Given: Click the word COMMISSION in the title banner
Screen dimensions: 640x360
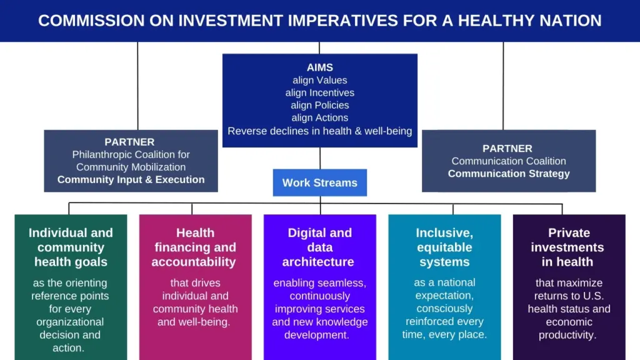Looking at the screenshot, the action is (91, 21).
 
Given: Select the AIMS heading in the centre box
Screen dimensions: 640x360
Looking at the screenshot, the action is (320, 67).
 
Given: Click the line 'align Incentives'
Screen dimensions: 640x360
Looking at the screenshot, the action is (320, 92).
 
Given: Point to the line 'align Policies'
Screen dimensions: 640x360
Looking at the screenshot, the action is (320, 105).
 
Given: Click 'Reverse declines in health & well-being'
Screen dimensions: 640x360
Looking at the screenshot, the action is (320, 131).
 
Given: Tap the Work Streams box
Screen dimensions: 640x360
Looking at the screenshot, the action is (320, 182).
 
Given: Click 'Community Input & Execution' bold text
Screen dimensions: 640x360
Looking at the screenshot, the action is (131, 179).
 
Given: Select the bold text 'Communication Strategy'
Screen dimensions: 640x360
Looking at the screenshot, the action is (509, 174).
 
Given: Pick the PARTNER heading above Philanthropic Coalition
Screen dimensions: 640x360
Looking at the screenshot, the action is (129, 142).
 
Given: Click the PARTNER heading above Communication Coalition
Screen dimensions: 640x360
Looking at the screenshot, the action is (507, 149).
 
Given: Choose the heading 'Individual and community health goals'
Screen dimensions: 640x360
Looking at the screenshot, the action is (71, 247).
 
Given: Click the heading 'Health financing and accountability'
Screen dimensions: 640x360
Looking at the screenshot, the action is (194, 247).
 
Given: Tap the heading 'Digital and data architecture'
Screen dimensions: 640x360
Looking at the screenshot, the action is (319, 247).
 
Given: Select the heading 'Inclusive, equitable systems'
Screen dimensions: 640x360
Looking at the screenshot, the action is (444, 247).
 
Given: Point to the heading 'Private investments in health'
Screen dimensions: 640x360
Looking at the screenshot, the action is (568, 247).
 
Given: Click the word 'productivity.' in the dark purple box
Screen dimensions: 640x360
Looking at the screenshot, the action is (567, 335).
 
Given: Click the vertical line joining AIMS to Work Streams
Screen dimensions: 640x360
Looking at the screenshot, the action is (320, 158).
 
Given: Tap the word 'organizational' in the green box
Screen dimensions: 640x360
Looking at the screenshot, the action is (70, 322).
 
